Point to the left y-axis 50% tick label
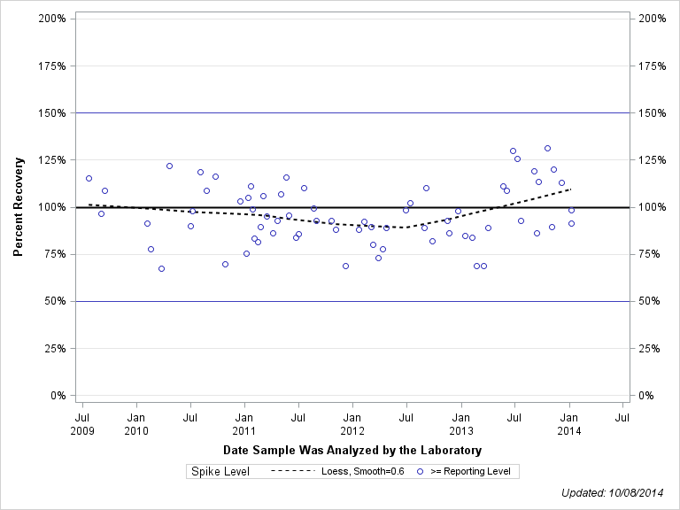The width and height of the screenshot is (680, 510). point(55,301)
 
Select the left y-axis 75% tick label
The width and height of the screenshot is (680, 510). point(55,254)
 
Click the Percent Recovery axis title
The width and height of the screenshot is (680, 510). point(19,207)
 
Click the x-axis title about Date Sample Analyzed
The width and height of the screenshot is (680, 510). point(352,451)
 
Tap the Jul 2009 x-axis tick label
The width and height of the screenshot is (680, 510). point(82,422)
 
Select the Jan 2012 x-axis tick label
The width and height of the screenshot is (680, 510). point(352,422)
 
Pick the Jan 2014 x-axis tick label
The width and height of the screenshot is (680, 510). point(569,422)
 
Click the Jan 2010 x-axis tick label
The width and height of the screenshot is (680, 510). point(136,422)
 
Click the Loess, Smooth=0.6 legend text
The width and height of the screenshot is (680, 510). point(362,472)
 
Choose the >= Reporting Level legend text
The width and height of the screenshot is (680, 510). point(470,472)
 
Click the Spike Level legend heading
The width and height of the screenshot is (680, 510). point(220,472)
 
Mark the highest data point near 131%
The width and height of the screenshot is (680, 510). point(547,149)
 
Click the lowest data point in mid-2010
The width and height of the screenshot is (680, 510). point(161,268)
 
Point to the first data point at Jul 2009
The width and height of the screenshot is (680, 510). point(89,178)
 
